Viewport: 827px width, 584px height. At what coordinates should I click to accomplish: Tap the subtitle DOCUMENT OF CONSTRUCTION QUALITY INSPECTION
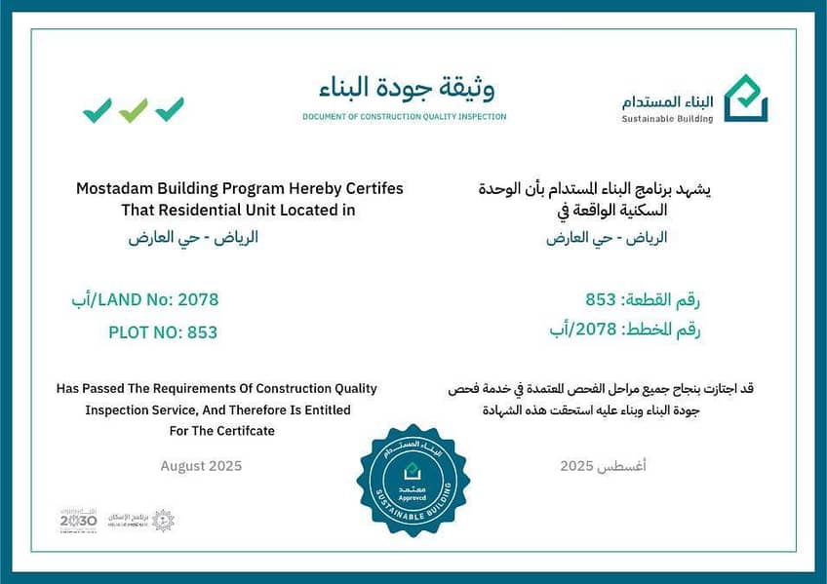404,117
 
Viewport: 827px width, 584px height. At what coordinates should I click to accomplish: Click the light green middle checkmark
134,110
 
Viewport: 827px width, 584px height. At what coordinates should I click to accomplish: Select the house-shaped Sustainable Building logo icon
745,98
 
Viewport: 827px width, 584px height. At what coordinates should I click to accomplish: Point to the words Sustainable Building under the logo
667,119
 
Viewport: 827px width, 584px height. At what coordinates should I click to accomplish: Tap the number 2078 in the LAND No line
198,299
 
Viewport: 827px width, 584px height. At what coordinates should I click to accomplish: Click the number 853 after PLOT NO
202,332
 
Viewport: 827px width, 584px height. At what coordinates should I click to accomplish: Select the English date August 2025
202,466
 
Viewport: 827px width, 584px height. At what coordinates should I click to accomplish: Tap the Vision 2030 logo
78,520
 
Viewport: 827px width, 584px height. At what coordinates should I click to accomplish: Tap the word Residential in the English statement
206,210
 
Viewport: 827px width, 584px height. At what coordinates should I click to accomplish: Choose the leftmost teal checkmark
98,110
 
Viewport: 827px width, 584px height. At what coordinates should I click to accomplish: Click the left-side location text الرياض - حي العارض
193,237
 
